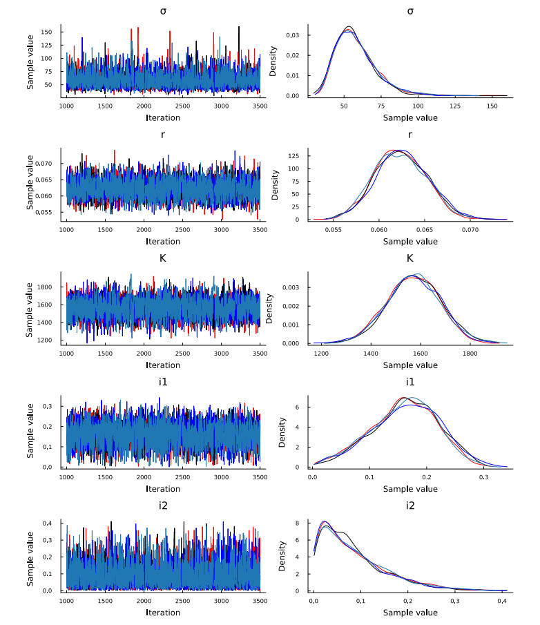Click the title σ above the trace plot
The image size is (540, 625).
[163, 12]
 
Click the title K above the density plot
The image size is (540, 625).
[410, 260]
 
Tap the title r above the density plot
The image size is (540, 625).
[410, 136]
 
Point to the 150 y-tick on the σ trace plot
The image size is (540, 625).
[49, 32]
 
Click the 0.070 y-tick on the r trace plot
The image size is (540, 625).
[46, 164]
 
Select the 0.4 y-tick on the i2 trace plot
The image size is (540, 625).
[51, 523]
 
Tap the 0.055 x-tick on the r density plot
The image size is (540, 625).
[334, 231]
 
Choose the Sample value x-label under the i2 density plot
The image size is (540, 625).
[410, 613]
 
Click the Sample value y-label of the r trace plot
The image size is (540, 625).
[31, 184]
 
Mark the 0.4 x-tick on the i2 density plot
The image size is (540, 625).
[503, 602]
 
